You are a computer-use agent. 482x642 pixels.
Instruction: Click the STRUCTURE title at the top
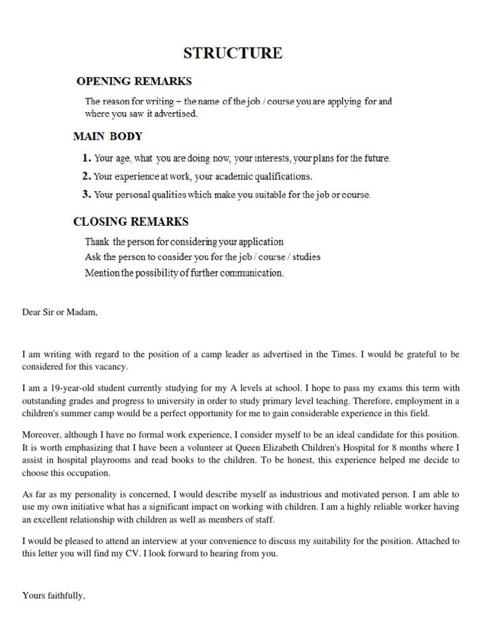pyautogui.click(x=232, y=53)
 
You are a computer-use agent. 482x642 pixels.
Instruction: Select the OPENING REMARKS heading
pyautogui.click(x=134, y=81)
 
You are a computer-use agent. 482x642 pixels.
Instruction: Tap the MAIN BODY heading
pyautogui.click(x=108, y=136)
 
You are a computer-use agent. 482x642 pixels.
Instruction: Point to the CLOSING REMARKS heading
pyautogui.click(x=131, y=221)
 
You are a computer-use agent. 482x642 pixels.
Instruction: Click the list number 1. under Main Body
pyautogui.click(x=87, y=158)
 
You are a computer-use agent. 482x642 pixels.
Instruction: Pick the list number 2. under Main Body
pyautogui.click(x=87, y=176)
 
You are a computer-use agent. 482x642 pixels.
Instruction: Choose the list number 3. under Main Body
pyautogui.click(x=87, y=194)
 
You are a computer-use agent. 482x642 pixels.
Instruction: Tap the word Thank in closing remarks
pyautogui.click(x=97, y=241)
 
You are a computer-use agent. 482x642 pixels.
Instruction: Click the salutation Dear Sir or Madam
pyautogui.click(x=60, y=312)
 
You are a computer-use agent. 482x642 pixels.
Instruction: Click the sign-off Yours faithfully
pyautogui.click(x=53, y=596)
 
